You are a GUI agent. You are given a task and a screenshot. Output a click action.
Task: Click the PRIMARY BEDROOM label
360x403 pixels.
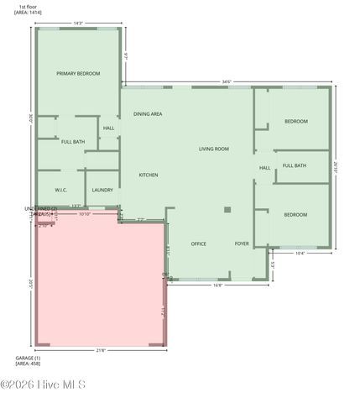78,74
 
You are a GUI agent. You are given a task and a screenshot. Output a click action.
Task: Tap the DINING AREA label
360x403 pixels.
148,114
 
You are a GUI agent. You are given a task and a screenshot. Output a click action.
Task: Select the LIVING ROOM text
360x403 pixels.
214,149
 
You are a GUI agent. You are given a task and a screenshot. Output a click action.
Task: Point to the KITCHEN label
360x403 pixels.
149,175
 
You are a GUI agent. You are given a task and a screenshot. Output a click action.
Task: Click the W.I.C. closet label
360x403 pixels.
61,191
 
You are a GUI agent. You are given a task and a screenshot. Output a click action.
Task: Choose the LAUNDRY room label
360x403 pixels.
102,191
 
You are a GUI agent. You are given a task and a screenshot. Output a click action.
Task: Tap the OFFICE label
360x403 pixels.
199,244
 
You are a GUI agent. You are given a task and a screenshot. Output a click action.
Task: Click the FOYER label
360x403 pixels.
242,244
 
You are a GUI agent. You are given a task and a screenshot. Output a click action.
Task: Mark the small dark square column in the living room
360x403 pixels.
227,210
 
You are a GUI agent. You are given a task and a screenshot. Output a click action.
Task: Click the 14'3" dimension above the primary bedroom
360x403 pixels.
78,24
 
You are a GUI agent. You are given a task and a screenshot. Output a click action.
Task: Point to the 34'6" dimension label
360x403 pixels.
227,81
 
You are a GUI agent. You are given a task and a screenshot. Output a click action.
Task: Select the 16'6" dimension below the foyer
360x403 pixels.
218,285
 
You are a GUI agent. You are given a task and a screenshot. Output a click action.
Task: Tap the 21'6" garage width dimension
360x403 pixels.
101,350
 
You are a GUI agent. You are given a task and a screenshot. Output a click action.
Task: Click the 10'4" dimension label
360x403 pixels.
300,253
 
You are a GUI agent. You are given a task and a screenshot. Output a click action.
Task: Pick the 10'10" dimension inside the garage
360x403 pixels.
85,214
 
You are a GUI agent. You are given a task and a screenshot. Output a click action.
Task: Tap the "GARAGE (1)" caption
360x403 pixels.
28,358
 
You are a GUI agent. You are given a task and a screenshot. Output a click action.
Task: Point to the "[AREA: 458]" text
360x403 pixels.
28,364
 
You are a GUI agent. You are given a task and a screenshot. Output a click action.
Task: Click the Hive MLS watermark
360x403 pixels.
44,385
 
